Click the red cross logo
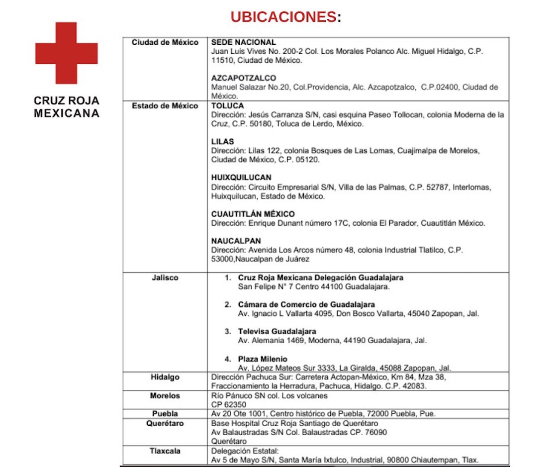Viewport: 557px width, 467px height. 66,53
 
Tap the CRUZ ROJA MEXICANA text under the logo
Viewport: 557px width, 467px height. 67,107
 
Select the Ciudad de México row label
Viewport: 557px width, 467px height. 165,42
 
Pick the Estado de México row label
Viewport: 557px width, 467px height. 165,106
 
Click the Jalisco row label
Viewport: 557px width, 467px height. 165,278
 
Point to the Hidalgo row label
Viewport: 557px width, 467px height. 165,377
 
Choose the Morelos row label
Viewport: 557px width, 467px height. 165,396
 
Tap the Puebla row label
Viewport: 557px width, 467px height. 165,414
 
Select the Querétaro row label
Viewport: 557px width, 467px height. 165,423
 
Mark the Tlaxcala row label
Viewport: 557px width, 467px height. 165,451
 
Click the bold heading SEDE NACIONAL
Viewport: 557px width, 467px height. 243,42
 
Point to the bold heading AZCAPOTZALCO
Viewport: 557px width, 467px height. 244,79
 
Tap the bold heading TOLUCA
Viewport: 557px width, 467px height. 228,106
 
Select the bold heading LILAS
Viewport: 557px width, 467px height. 222,142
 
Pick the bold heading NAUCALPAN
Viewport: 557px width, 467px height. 236,241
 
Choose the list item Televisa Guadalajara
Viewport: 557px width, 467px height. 277,331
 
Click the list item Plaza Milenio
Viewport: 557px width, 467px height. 263,359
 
